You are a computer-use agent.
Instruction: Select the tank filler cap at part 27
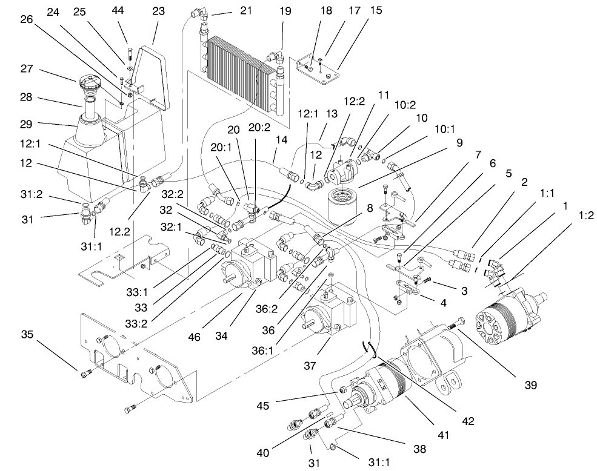pos(88,82)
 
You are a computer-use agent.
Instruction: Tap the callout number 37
pos(310,367)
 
